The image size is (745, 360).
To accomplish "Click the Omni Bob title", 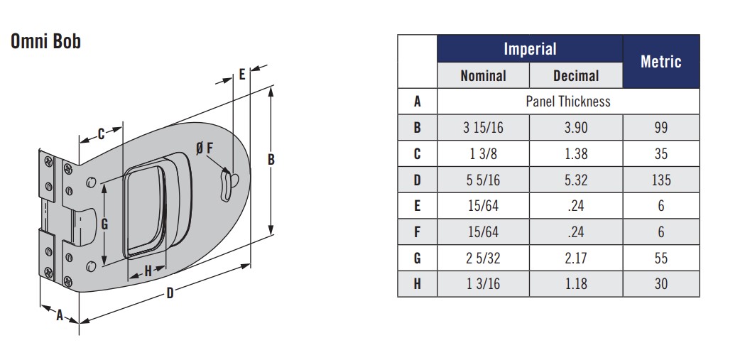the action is [45, 42].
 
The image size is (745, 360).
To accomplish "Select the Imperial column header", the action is [530, 49].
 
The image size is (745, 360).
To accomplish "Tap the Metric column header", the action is [661, 61].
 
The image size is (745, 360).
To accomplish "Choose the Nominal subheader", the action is [483, 75].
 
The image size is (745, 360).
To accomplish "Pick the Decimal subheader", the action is [576, 75].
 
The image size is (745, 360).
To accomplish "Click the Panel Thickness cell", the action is [567, 101].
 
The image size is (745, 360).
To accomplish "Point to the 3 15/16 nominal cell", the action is [483, 127].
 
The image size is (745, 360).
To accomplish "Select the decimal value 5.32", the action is [576, 180].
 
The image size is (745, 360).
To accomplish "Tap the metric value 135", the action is [661, 180].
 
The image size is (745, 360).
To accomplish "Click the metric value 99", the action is [661, 127].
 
